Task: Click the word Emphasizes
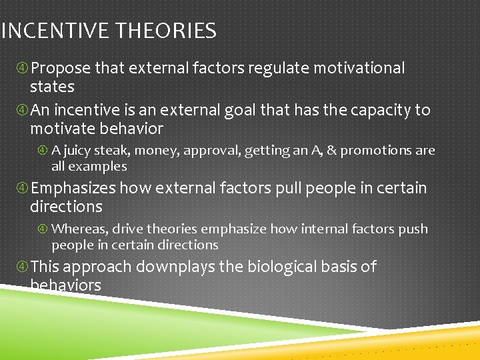(x=73, y=189)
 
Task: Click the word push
(x=413, y=229)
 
